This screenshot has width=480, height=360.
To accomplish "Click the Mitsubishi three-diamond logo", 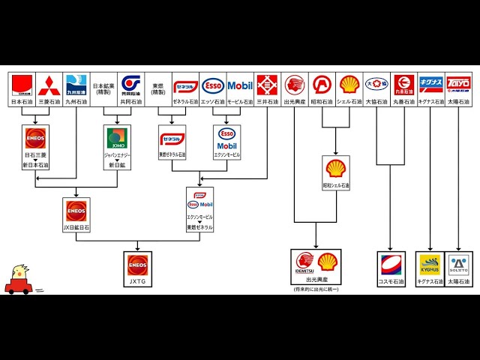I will (49, 84).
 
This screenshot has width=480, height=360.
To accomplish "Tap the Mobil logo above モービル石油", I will (240, 85).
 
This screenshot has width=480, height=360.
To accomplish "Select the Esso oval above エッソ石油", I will (213, 85).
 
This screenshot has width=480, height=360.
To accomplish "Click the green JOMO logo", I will (117, 138).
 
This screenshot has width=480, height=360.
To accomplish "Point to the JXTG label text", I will (137, 282).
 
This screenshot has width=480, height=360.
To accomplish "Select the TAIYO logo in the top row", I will (458, 84).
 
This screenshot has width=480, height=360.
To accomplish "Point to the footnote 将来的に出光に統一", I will (316, 289).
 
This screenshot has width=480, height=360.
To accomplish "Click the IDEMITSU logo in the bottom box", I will (303, 262).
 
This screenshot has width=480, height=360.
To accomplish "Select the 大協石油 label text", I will (376, 101).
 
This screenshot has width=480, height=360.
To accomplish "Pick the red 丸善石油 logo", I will (403, 84).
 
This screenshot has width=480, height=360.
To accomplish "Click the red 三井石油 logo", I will (267, 85).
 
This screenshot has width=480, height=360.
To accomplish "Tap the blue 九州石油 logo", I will (76, 84).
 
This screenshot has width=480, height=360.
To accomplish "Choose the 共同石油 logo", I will (130, 84).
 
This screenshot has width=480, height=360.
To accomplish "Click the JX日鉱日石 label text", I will (76, 226).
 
